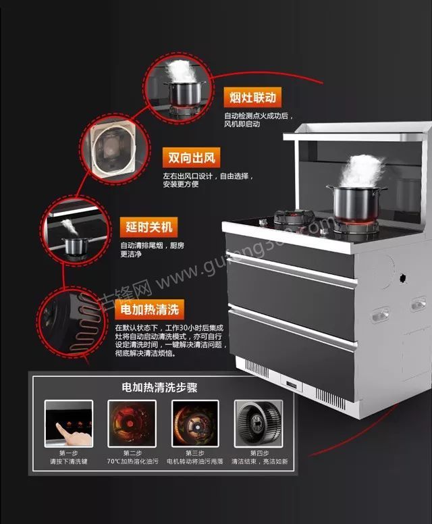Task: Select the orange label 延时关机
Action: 149,226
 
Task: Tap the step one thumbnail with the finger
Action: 68,423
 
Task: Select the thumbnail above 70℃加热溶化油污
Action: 132,423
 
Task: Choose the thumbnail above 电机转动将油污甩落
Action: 195,423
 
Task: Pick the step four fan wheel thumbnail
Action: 258,423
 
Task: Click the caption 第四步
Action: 259,452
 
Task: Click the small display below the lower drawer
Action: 292,386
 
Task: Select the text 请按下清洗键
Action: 68,461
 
